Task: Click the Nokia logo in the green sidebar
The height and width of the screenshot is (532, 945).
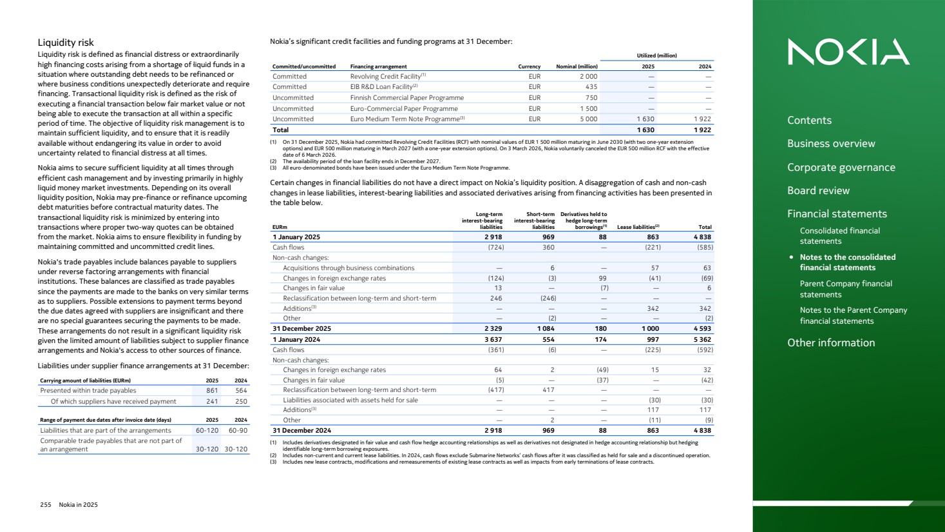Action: click(848, 52)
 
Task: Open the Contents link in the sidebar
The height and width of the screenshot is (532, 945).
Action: click(809, 121)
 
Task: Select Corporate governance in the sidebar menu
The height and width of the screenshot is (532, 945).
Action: click(841, 168)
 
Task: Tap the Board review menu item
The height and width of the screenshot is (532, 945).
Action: click(818, 191)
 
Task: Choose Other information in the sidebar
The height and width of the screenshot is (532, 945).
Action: click(830, 343)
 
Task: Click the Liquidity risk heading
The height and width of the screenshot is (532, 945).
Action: click(66, 43)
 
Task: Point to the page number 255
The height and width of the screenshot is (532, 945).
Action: click(46, 505)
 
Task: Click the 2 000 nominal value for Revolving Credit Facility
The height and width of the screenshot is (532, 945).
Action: click(588, 77)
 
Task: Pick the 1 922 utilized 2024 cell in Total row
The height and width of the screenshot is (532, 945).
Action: click(702, 130)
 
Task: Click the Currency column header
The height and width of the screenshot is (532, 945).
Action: click(529, 66)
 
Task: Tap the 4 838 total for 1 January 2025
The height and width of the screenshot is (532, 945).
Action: click(702, 237)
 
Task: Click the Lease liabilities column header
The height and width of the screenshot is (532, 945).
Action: click(637, 227)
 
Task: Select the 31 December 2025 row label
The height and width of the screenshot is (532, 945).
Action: click(301, 329)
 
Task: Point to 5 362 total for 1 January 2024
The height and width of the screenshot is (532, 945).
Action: click(702, 340)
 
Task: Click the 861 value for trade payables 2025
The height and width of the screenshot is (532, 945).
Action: click(212, 391)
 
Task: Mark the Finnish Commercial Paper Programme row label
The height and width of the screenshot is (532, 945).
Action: click(406, 98)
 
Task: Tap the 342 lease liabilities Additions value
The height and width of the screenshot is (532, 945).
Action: click(653, 309)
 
